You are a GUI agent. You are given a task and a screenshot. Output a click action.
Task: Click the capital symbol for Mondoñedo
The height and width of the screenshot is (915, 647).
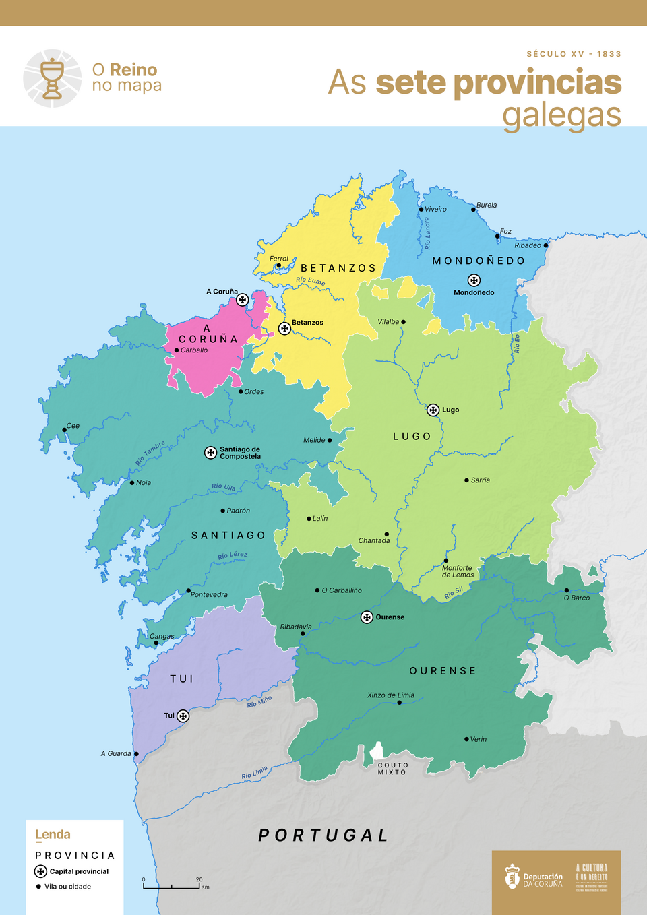point(474,280)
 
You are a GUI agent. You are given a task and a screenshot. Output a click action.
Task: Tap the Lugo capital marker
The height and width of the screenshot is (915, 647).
point(433,410)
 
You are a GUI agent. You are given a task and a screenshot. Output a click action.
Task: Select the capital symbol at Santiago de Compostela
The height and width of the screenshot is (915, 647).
point(211,453)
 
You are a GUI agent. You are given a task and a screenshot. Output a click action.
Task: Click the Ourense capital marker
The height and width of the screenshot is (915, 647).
point(367,617)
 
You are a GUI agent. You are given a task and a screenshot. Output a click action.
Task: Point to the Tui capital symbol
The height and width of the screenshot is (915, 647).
point(183,716)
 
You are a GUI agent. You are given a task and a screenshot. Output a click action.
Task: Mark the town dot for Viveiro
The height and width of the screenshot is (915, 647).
point(421,210)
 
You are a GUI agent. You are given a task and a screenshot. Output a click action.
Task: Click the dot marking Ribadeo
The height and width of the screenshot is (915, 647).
point(546,245)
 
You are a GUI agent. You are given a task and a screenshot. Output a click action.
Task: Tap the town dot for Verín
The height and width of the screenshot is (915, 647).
point(466,739)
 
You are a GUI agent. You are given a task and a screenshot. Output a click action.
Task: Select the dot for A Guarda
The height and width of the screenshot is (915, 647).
point(136,754)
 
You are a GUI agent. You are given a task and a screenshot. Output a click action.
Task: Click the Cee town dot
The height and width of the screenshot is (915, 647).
point(65,429)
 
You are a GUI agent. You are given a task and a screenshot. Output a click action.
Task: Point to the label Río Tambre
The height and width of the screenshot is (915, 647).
point(150,453)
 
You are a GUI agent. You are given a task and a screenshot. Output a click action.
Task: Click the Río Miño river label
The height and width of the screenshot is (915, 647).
point(259,702)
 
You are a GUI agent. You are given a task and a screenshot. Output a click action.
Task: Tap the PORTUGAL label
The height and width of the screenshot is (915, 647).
point(323,835)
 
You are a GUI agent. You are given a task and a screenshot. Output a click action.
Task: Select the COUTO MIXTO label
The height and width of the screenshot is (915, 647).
point(393,769)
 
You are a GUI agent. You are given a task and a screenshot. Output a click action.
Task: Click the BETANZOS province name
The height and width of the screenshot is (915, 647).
point(338,268)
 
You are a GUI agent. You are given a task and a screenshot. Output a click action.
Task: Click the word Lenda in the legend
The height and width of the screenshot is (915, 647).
point(53,835)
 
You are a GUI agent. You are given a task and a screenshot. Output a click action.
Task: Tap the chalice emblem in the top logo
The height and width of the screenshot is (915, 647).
point(53,79)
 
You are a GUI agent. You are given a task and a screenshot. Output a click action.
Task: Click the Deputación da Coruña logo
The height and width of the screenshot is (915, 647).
point(534,877)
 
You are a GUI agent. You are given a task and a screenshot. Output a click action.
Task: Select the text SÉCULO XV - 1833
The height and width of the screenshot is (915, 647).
point(574,54)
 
